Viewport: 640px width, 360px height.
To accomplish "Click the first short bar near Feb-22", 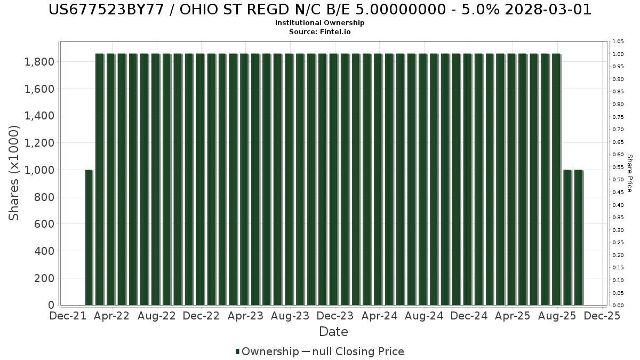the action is click(89, 237).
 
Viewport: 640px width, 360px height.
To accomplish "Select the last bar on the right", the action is click(579, 237).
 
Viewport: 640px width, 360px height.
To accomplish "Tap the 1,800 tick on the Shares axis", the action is click(39, 62).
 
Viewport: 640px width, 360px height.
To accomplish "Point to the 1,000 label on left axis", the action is click(39, 170).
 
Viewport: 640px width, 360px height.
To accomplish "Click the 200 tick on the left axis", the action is click(44, 278).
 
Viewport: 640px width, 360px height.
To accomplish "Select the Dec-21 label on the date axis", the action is click(68, 316).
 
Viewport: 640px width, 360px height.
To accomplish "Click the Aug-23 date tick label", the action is click(290, 316).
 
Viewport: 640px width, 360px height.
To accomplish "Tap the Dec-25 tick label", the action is click(602, 316).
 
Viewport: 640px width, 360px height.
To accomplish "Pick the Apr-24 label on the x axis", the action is click(379, 316).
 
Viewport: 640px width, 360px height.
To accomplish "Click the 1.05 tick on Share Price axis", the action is click(618, 42).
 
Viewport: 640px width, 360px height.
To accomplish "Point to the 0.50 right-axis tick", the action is click(618, 180).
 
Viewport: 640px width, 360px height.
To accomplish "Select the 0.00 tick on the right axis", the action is click(618, 306).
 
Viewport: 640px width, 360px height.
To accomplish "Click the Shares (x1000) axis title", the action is click(13, 173).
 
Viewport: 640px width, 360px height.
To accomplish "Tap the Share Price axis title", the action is click(629, 173).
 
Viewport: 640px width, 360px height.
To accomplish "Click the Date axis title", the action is click(333, 332).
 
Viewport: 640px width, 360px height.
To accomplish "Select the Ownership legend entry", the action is click(267, 351).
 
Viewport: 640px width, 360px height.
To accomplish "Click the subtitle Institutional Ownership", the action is click(319, 23).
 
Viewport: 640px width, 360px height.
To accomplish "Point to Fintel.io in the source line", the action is click(335, 31).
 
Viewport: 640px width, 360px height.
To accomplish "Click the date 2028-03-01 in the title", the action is click(548, 10).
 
